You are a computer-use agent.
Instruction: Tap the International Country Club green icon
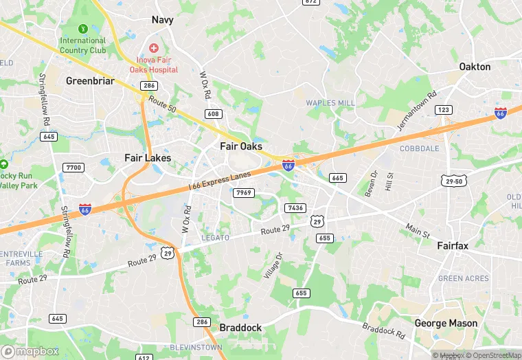click(x=83, y=28)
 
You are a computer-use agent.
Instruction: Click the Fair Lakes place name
click(x=148, y=158)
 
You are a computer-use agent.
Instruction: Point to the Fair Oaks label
click(x=241, y=146)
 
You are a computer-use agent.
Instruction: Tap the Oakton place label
click(x=475, y=67)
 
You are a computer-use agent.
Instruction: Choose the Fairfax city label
click(x=453, y=245)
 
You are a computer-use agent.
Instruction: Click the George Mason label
click(x=446, y=323)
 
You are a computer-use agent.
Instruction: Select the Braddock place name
click(x=240, y=328)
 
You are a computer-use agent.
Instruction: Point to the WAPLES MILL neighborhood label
click(x=330, y=103)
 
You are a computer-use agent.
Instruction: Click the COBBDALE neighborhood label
click(x=420, y=148)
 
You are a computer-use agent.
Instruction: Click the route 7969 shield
click(x=244, y=193)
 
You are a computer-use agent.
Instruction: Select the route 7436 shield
click(x=295, y=207)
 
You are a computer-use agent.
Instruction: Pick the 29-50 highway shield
click(x=452, y=180)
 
